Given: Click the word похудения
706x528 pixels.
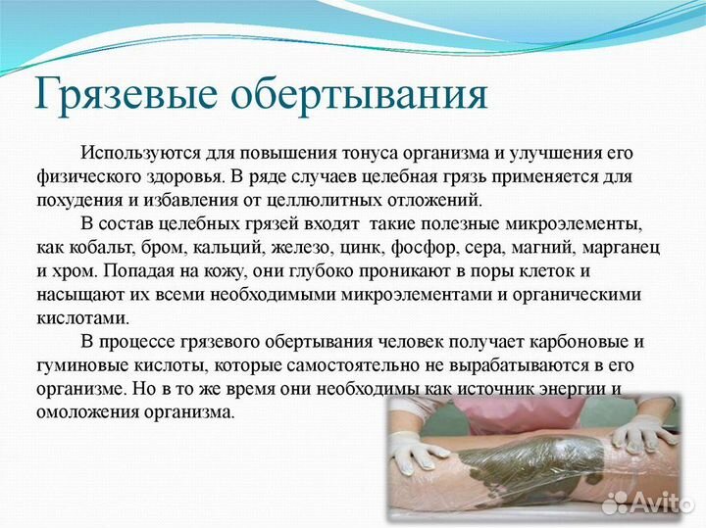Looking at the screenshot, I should [77, 199].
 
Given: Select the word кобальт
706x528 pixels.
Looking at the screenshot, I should [104, 245].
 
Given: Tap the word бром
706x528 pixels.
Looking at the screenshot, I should [164, 245].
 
